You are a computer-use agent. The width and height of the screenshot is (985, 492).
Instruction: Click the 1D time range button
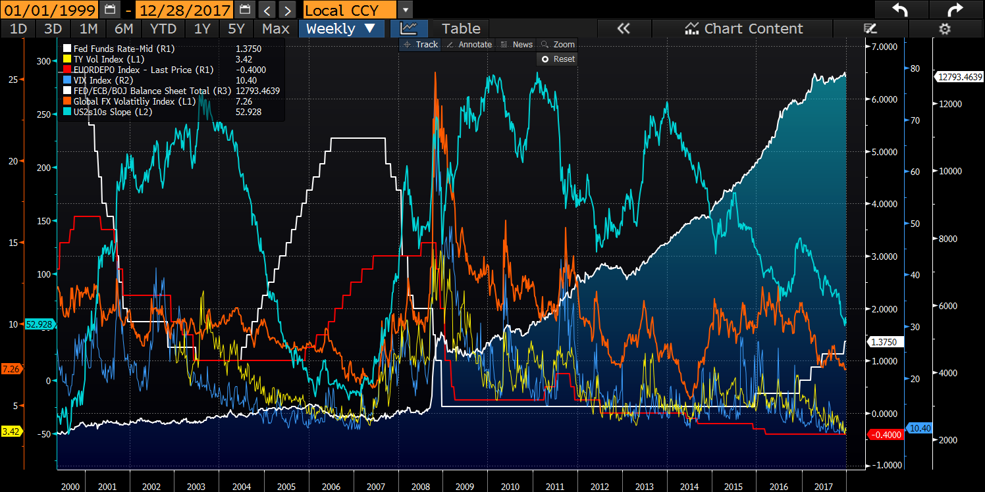click(18, 28)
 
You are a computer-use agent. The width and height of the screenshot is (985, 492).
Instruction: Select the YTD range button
click(163, 28)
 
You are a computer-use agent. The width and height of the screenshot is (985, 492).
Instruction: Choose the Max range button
click(275, 28)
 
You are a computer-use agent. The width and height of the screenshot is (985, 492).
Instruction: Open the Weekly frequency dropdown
click(341, 28)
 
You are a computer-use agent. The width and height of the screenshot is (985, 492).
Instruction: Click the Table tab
click(461, 28)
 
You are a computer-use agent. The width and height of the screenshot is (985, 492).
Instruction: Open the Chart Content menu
click(744, 28)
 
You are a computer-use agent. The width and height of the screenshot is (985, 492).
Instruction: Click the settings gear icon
click(944, 28)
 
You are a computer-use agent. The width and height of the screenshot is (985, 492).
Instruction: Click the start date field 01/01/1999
click(49, 10)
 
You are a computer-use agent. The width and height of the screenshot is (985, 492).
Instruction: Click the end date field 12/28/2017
click(184, 10)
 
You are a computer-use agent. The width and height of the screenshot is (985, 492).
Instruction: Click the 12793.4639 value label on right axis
click(959, 76)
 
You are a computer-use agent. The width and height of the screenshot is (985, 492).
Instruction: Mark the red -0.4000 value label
click(885, 435)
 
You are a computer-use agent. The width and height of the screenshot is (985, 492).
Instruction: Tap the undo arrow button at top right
click(900, 10)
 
